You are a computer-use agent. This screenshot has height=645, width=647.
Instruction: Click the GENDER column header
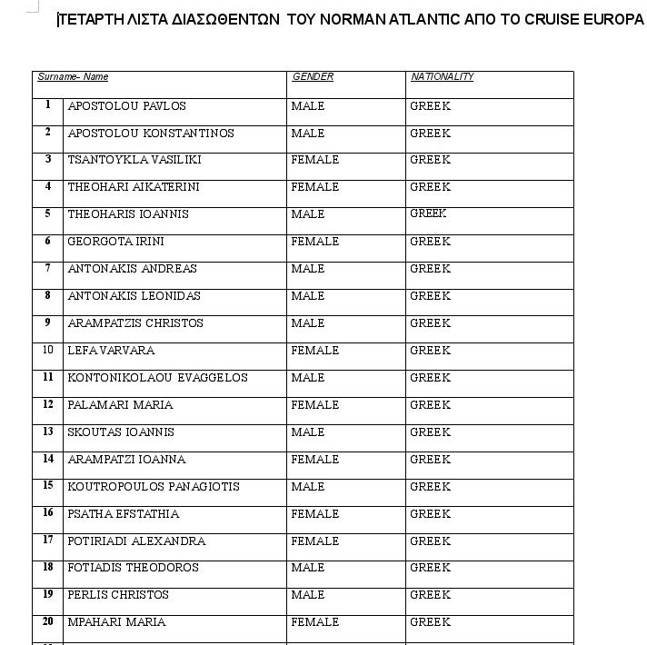point(313,77)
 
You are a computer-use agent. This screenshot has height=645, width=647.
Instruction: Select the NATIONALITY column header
point(442,77)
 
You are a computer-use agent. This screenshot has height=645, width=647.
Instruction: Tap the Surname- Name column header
point(73,77)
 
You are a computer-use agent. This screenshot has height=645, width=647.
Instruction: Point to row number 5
point(47,213)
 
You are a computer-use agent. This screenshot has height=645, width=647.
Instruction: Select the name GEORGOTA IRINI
point(115,242)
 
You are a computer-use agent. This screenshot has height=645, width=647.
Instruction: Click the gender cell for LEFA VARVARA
point(314,351)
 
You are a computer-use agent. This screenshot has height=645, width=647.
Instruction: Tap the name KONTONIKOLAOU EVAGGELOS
point(157,378)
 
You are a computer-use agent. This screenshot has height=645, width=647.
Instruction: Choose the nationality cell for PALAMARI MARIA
point(430,405)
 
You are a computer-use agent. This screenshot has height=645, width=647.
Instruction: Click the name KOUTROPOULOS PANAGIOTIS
point(154,487)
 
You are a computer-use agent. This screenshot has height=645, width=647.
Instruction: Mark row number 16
point(47,513)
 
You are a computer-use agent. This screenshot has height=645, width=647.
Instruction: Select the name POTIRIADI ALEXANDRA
point(136,541)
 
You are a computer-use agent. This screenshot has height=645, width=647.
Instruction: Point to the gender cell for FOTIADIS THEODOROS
point(307,568)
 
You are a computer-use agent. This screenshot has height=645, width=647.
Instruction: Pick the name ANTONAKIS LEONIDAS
point(134,296)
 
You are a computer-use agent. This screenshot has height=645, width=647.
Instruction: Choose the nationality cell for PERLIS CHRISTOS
point(430,596)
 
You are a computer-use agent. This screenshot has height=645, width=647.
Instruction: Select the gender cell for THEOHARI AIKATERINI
point(314,187)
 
